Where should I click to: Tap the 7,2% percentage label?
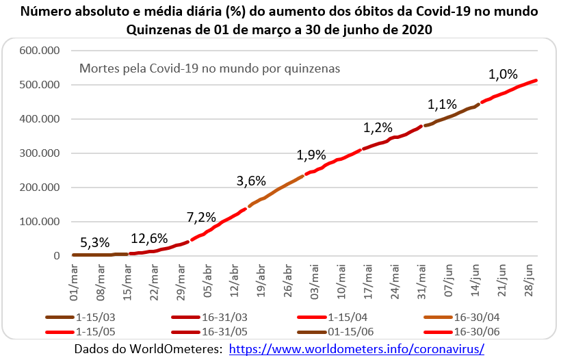click(201, 218)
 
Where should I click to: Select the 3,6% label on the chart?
click(251, 181)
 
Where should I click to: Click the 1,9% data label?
click(311, 155)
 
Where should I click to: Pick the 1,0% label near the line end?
click(503, 74)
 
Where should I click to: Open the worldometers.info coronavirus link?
click(356, 348)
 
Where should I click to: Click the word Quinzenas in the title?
click(157, 29)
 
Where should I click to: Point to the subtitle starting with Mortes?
click(210, 68)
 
